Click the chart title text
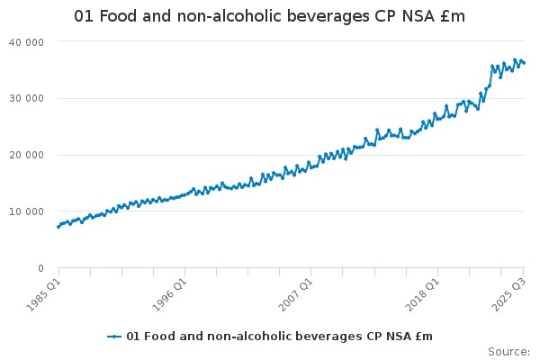[270, 17]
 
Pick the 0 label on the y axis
[41, 268]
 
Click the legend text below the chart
[279, 337]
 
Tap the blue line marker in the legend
[114, 337]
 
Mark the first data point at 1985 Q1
[58, 227]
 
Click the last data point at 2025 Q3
[524, 62]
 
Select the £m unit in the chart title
[452, 17]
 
